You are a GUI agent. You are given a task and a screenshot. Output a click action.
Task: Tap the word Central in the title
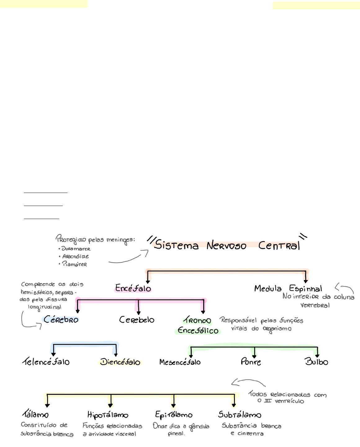279,245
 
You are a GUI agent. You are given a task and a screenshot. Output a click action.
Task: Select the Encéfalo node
133,288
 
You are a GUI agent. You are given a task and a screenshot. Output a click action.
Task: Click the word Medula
268,288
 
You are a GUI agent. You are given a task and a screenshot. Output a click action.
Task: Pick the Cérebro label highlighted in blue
61,320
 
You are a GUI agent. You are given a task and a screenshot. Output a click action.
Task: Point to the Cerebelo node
137,320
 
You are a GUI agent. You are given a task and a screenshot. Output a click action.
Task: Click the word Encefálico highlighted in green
198,331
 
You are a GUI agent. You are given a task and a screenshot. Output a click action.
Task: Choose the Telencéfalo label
46,362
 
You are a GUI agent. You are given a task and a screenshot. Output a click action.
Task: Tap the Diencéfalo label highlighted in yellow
120,362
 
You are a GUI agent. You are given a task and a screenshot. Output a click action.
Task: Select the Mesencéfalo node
180,362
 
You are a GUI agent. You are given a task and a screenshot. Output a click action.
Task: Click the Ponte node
251,362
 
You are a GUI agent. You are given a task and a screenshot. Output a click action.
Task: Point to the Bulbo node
317,362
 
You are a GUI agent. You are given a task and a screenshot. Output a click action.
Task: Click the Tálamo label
35,414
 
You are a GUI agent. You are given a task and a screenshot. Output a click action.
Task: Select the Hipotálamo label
108,415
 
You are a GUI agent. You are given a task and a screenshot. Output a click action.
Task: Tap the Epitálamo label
174,415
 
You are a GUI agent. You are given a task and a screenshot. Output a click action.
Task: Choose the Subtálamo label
240,415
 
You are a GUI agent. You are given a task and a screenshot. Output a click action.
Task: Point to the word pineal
176,434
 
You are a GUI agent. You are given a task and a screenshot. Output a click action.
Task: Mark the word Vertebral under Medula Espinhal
315,305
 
